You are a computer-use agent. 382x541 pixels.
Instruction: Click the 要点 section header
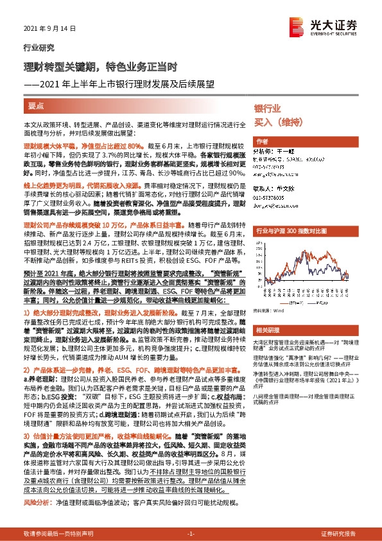37,105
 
